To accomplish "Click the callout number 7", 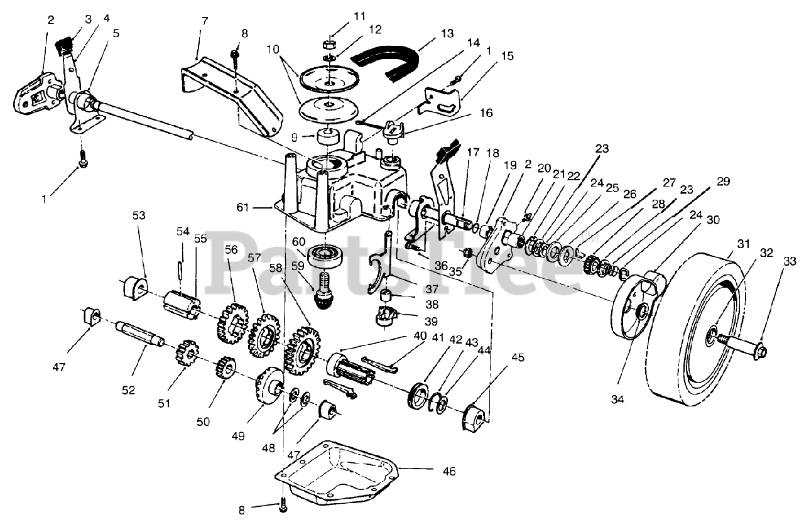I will coord(204,22).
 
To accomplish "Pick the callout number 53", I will coord(139,215).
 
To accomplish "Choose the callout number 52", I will coord(128,390).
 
